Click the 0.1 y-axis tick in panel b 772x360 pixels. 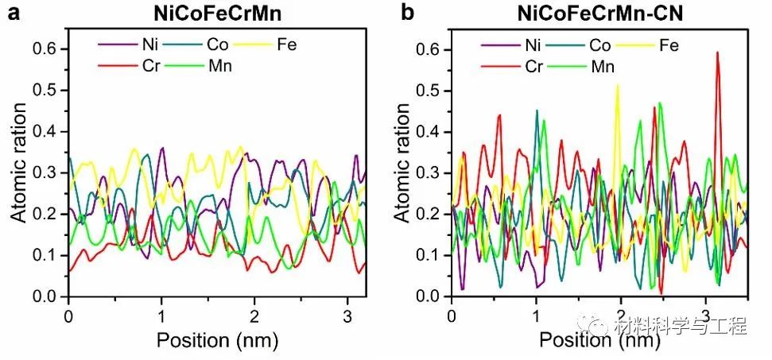(x=430, y=255)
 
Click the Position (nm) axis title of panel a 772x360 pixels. (x=216, y=340)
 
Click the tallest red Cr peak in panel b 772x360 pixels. (x=718, y=54)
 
